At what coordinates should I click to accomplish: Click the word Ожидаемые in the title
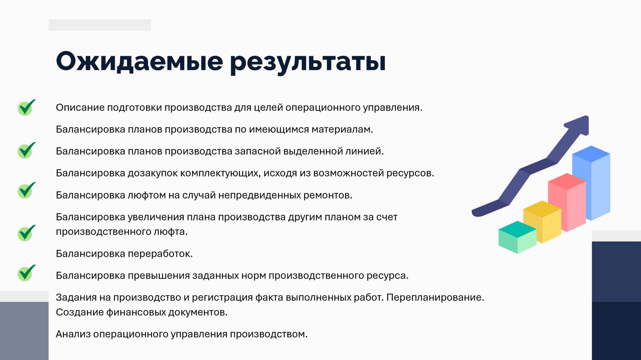coord(139,61)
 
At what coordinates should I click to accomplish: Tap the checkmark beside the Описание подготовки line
coord(26,107)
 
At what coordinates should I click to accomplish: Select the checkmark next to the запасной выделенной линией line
coord(26,150)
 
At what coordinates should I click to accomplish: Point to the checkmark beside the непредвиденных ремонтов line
coord(26,190)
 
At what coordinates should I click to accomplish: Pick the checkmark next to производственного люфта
coord(26,233)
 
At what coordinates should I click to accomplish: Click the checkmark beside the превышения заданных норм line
coord(26,273)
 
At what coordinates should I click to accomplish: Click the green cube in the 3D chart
coord(517,238)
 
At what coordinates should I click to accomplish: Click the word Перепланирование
coord(435,297)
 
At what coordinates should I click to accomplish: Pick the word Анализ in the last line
coord(73,334)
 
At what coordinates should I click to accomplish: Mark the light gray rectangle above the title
coord(100,25)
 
